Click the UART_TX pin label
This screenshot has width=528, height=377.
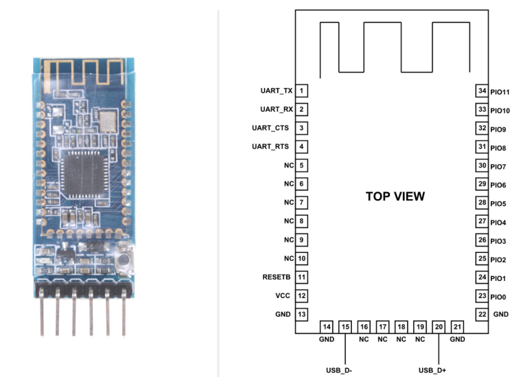276,91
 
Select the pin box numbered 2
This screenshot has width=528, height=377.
302,109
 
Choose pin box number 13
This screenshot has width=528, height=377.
302,314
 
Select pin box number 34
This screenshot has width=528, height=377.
483,91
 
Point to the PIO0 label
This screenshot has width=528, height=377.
499,297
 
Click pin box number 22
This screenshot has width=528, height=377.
483,314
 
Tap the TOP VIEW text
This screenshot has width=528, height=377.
395,196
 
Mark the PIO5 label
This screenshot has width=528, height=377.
499,204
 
